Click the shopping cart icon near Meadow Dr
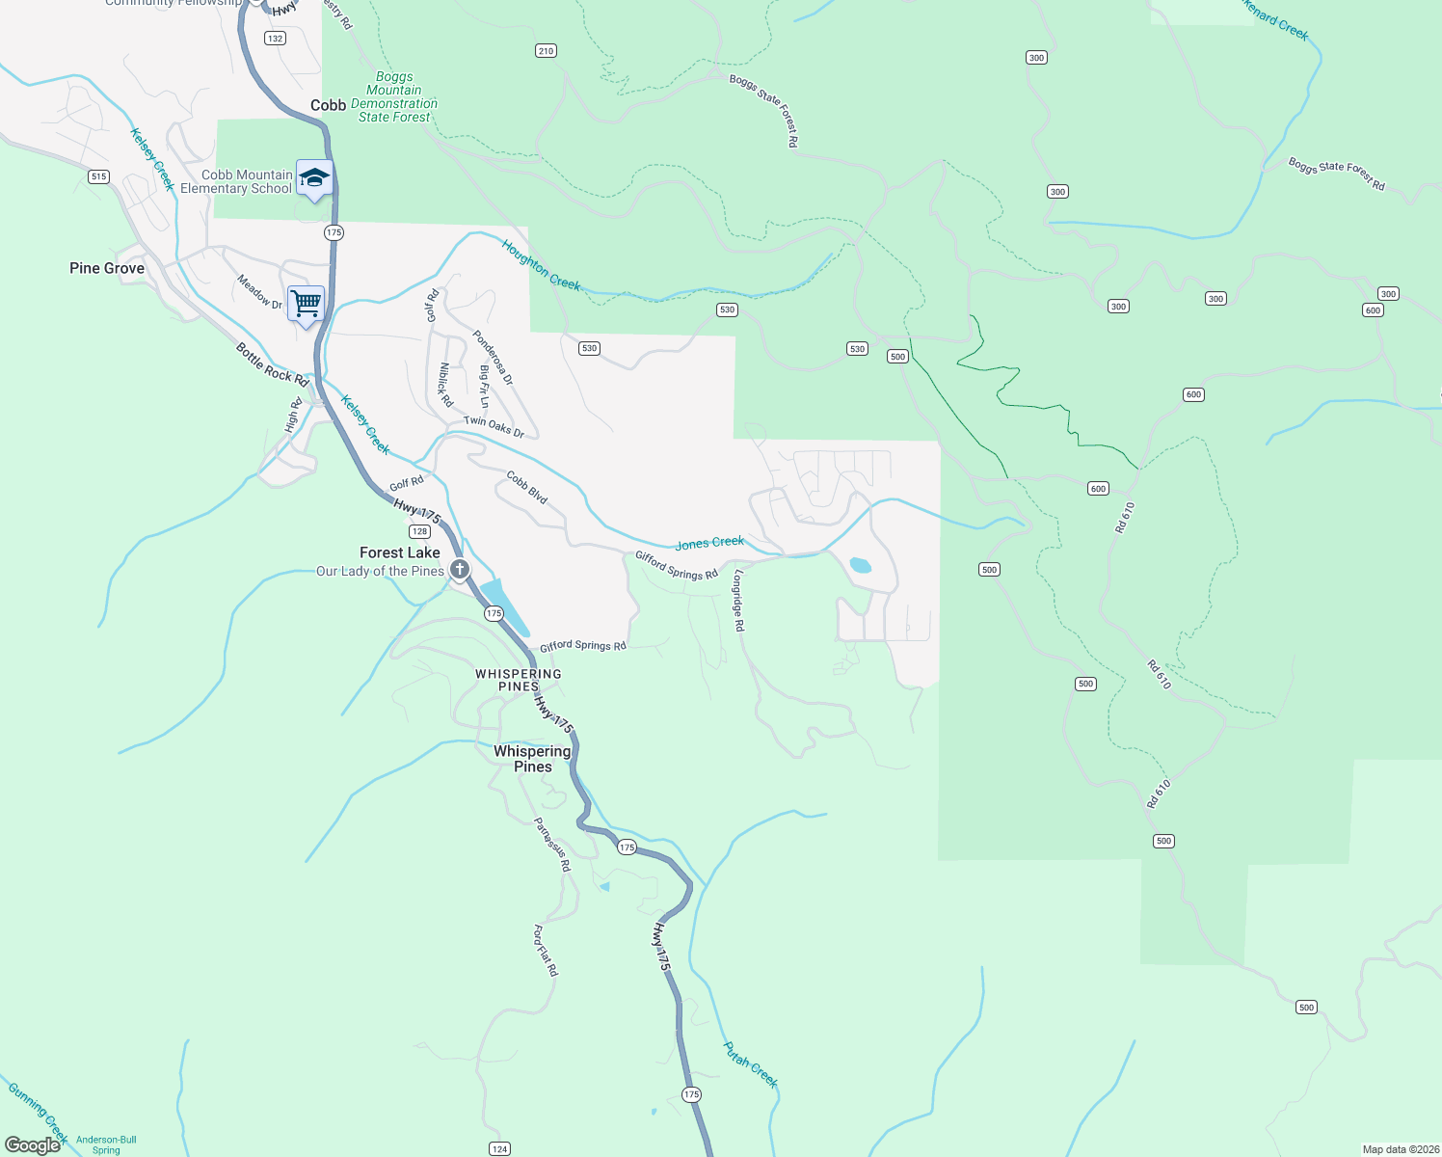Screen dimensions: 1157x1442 (x=306, y=304)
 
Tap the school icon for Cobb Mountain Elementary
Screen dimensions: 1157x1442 (x=314, y=178)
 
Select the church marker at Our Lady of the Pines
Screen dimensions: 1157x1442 (x=460, y=570)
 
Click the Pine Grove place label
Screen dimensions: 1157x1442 (x=107, y=268)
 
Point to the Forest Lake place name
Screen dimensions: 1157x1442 (x=400, y=552)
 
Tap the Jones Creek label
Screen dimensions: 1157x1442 (x=709, y=544)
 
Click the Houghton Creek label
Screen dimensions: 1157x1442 (x=541, y=265)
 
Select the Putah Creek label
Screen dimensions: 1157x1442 (x=750, y=1064)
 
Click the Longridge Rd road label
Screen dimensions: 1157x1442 (x=738, y=600)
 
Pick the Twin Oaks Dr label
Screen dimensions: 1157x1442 (x=494, y=426)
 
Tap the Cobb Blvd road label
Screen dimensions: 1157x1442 (x=527, y=487)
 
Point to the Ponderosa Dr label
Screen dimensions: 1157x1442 (x=493, y=357)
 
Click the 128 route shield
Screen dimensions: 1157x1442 (x=419, y=531)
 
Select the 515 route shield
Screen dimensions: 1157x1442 (x=98, y=176)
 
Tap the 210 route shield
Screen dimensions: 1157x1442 (x=547, y=51)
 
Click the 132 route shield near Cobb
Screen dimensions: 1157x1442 (x=276, y=39)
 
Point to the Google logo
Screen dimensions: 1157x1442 (x=33, y=1145)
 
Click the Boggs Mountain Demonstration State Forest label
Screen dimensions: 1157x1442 (x=394, y=96)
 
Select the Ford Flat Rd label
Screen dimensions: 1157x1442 (x=546, y=951)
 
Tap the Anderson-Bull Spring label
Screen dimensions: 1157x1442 (x=106, y=1144)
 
